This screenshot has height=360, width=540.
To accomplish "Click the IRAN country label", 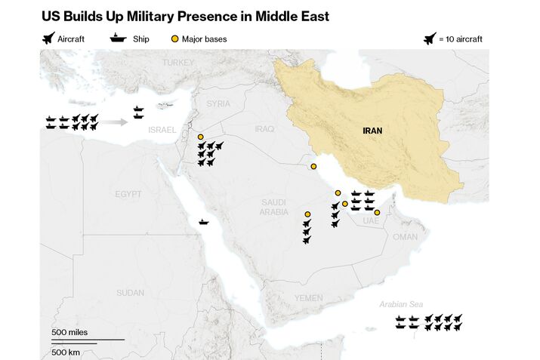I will pos(372,131).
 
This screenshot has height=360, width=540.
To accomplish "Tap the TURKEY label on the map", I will pos(178,62).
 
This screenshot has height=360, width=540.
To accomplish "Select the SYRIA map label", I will pos(218,103).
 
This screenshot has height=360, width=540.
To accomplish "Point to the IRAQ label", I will pos(264,129).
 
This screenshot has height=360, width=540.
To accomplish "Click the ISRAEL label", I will pos(162,130).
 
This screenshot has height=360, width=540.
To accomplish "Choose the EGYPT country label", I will pos(128,194).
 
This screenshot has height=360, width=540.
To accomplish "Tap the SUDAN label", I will pos(131,292).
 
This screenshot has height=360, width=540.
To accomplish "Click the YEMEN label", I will pos(308,298).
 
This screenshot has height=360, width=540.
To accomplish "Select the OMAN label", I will pos(405,236).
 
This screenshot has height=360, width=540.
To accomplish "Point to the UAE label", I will pos(370,220).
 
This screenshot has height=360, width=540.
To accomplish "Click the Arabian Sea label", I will pos(401,304).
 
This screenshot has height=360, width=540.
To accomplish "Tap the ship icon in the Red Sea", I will pos(204,222).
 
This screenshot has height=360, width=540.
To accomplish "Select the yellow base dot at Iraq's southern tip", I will pos(313,167).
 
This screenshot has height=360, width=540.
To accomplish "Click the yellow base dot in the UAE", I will pos(377,212).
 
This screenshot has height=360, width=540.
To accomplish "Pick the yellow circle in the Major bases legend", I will pos(174,38).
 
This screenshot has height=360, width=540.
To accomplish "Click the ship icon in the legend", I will pos(119,38).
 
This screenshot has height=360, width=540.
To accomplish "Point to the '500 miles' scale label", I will pos(69,333).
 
